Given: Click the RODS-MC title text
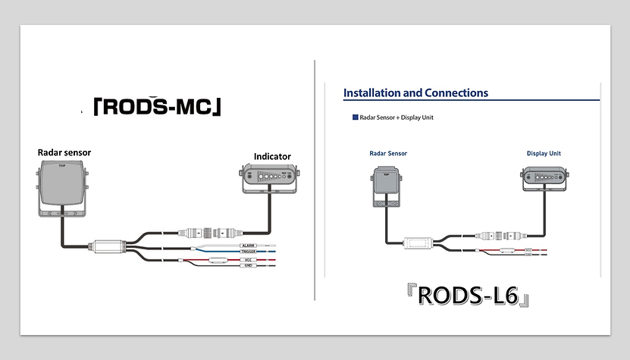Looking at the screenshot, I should coord(157,107).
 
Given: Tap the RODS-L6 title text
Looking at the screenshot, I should coord(468,296).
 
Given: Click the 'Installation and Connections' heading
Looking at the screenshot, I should coord(415,93).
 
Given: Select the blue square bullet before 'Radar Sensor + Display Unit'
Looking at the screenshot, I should coord(355,117).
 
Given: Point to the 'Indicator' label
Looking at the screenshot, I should coord(271,157).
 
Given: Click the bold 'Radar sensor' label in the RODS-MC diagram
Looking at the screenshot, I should coord(64,152).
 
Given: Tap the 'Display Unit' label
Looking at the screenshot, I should coord(544,154).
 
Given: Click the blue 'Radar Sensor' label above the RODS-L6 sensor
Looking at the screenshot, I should coord(388,154).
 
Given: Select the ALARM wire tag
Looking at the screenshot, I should coord(248,246).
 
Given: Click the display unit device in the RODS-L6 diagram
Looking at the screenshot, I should coord(544,179).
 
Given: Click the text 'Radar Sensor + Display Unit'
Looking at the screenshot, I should coord(396,117).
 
